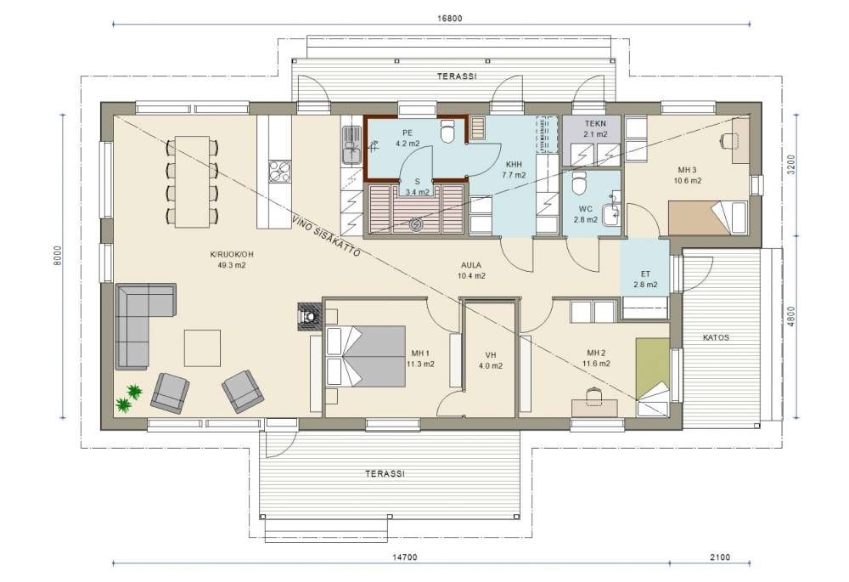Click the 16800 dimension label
click(449, 19)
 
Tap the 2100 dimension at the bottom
click(720, 557)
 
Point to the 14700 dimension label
click(405, 557)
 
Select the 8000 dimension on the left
click(59, 256)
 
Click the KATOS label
click(716, 337)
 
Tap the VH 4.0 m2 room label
click(491, 360)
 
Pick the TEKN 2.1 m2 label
click(595, 128)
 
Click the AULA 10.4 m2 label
click(471, 270)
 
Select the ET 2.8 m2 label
click(645, 279)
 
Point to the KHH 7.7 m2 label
click(514, 170)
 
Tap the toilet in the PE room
click(447, 130)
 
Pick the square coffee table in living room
click(202, 348)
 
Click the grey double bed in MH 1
click(365, 356)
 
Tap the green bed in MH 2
click(652, 376)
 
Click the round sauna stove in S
click(415, 223)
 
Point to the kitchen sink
click(351, 145)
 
